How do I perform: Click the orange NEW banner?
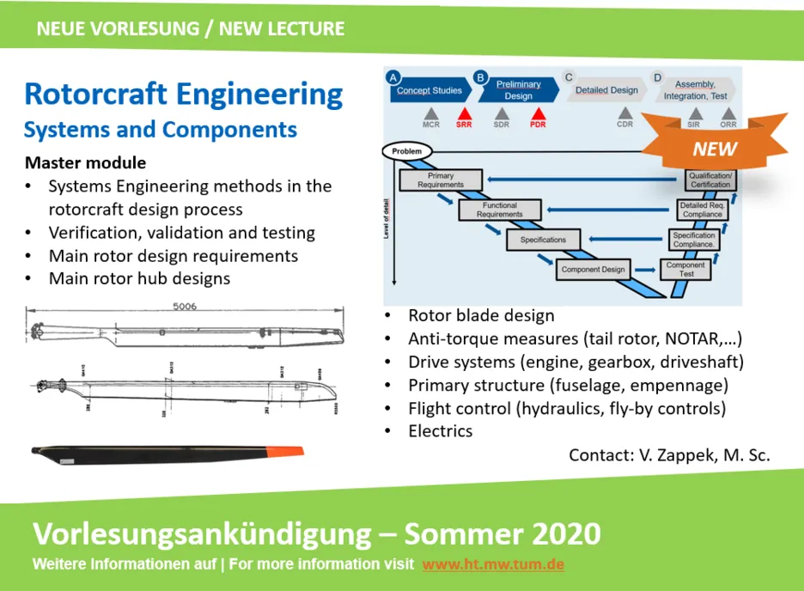715,149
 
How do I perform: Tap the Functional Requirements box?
499,210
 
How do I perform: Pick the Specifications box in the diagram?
543,240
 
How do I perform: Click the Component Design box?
593,269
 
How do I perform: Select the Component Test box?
685,269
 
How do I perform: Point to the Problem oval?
407,151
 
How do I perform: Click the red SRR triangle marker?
464,113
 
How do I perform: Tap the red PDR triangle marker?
539,113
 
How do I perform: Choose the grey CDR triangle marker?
625,113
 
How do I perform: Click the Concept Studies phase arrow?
429,90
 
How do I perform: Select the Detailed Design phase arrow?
606,90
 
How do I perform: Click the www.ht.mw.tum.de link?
493,564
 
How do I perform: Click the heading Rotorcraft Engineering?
183,94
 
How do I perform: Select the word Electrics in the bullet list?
440,431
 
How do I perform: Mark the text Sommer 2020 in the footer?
502,533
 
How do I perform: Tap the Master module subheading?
85,163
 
